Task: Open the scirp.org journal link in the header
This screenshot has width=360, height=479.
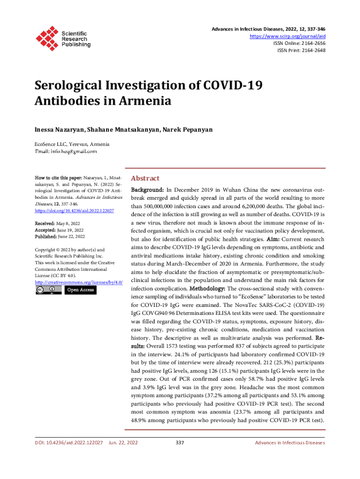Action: coord(288,36)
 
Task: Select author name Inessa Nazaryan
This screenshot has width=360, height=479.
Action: coord(58,129)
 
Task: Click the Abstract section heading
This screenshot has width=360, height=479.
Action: coord(145,178)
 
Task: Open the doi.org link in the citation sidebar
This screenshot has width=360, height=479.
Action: coord(75,211)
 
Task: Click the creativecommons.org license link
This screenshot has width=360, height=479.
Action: coord(79,283)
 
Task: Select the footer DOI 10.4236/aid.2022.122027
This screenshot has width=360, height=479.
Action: coord(69,443)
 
